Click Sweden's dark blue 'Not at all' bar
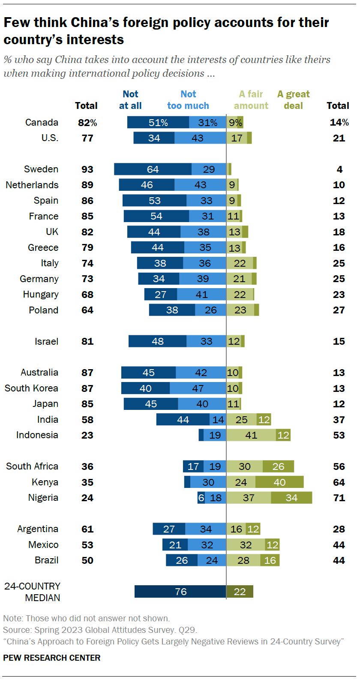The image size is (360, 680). [x=153, y=169]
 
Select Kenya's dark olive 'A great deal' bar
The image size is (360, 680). [x=279, y=482]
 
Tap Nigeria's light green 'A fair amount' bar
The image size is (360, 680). [x=249, y=498]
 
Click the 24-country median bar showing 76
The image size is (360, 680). [x=180, y=592]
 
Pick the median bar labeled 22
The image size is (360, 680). [x=240, y=592]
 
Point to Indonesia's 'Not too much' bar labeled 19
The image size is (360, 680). [x=215, y=435]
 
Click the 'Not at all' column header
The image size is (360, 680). [x=130, y=100]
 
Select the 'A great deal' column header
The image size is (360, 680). [x=293, y=100]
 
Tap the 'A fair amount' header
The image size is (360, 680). [x=251, y=100]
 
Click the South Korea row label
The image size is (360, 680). [x=31, y=388]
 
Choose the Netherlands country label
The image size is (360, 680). [x=32, y=185]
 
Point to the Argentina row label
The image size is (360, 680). [x=38, y=529]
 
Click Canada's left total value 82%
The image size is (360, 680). [x=87, y=123]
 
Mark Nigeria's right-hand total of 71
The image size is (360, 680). [x=339, y=498]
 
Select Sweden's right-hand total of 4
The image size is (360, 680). [x=339, y=169]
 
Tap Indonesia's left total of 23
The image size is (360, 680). [x=87, y=435]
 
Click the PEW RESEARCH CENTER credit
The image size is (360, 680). [x=52, y=658]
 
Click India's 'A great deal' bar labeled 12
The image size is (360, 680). [x=264, y=420]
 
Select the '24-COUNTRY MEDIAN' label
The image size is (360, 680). [x=32, y=592]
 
